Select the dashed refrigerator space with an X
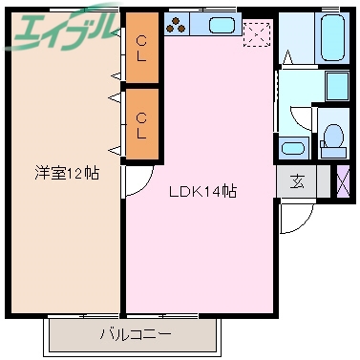click(x=257, y=34)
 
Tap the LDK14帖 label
click(x=203, y=191)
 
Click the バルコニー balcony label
click(x=135, y=334)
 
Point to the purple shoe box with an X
click(x=345, y=180)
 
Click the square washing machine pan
click(x=337, y=87)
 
